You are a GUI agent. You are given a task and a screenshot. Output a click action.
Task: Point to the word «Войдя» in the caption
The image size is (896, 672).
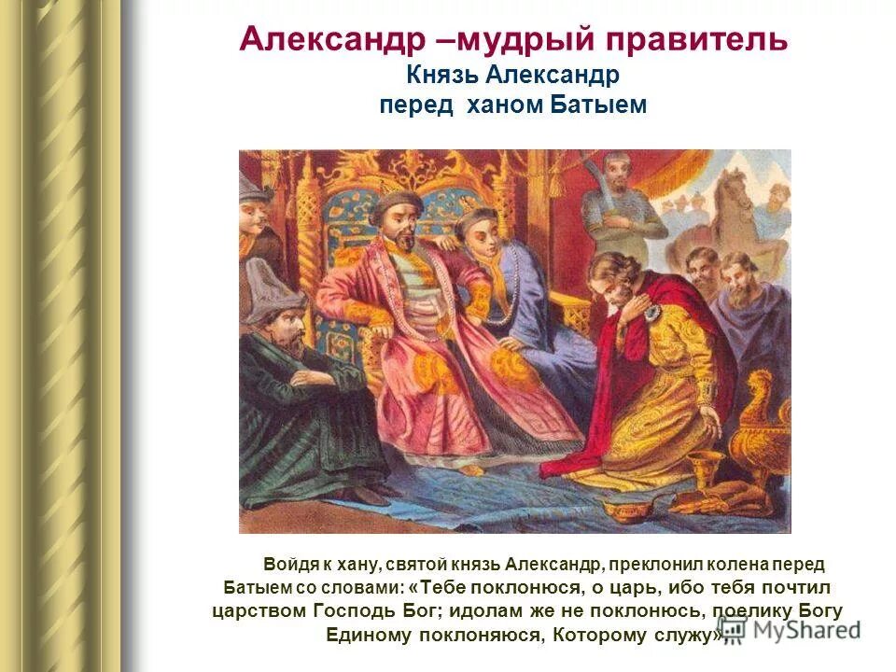point(289,565)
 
